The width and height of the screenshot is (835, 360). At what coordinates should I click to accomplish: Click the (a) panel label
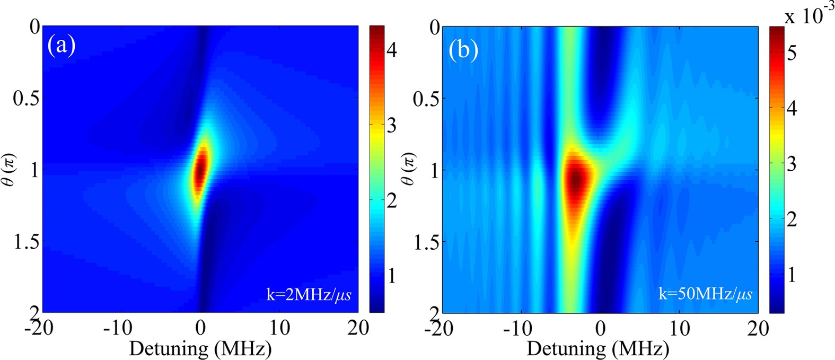coord(61,47)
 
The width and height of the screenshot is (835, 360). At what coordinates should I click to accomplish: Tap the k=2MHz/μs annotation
coord(309,294)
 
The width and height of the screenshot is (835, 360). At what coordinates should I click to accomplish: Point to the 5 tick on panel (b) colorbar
coord(792,54)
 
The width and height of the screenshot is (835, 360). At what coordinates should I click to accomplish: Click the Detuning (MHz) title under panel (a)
coord(200,348)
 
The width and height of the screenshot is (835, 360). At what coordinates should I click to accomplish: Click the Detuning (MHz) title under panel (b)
coord(597,348)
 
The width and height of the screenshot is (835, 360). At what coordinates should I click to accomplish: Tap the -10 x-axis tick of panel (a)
coord(118,328)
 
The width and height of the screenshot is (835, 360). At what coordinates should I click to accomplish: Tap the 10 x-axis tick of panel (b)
coord(680,328)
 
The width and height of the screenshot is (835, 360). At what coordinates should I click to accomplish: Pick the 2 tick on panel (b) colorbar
coord(792,219)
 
